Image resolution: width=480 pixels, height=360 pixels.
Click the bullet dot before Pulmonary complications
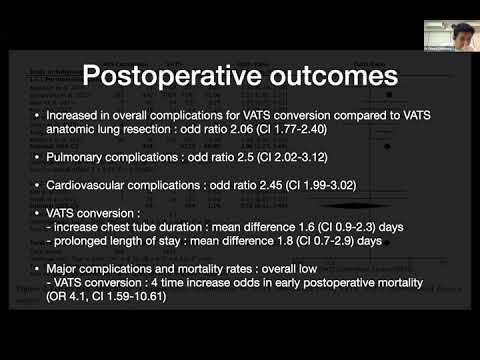tap(37, 159)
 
